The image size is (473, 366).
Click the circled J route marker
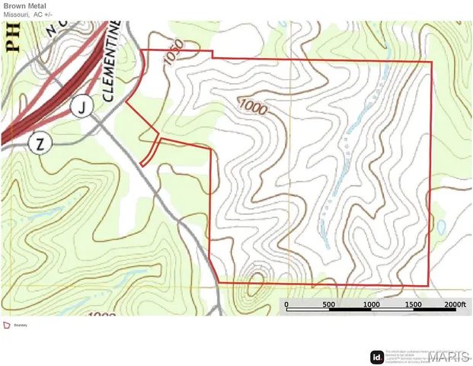pyautogui.click(x=81, y=108)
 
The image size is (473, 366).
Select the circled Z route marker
pyautogui.click(x=40, y=143)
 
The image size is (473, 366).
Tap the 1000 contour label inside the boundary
pyautogui.click(x=252, y=107)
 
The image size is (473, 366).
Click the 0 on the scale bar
pyautogui.click(x=286, y=304)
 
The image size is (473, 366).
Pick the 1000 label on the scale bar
pyautogui.click(x=372, y=304)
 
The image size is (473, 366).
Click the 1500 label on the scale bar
pyautogui.click(x=414, y=304)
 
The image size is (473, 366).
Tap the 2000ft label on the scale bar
pyautogui.click(x=454, y=304)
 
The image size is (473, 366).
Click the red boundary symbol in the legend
pyautogui.click(x=8, y=325)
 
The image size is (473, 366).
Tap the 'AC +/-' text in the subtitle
pyautogui.click(x=43, y=14)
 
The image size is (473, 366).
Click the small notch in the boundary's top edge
pyautogui.click(x=213, y=55)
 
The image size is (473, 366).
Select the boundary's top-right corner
pyautogui.click(x=431, y=62)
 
